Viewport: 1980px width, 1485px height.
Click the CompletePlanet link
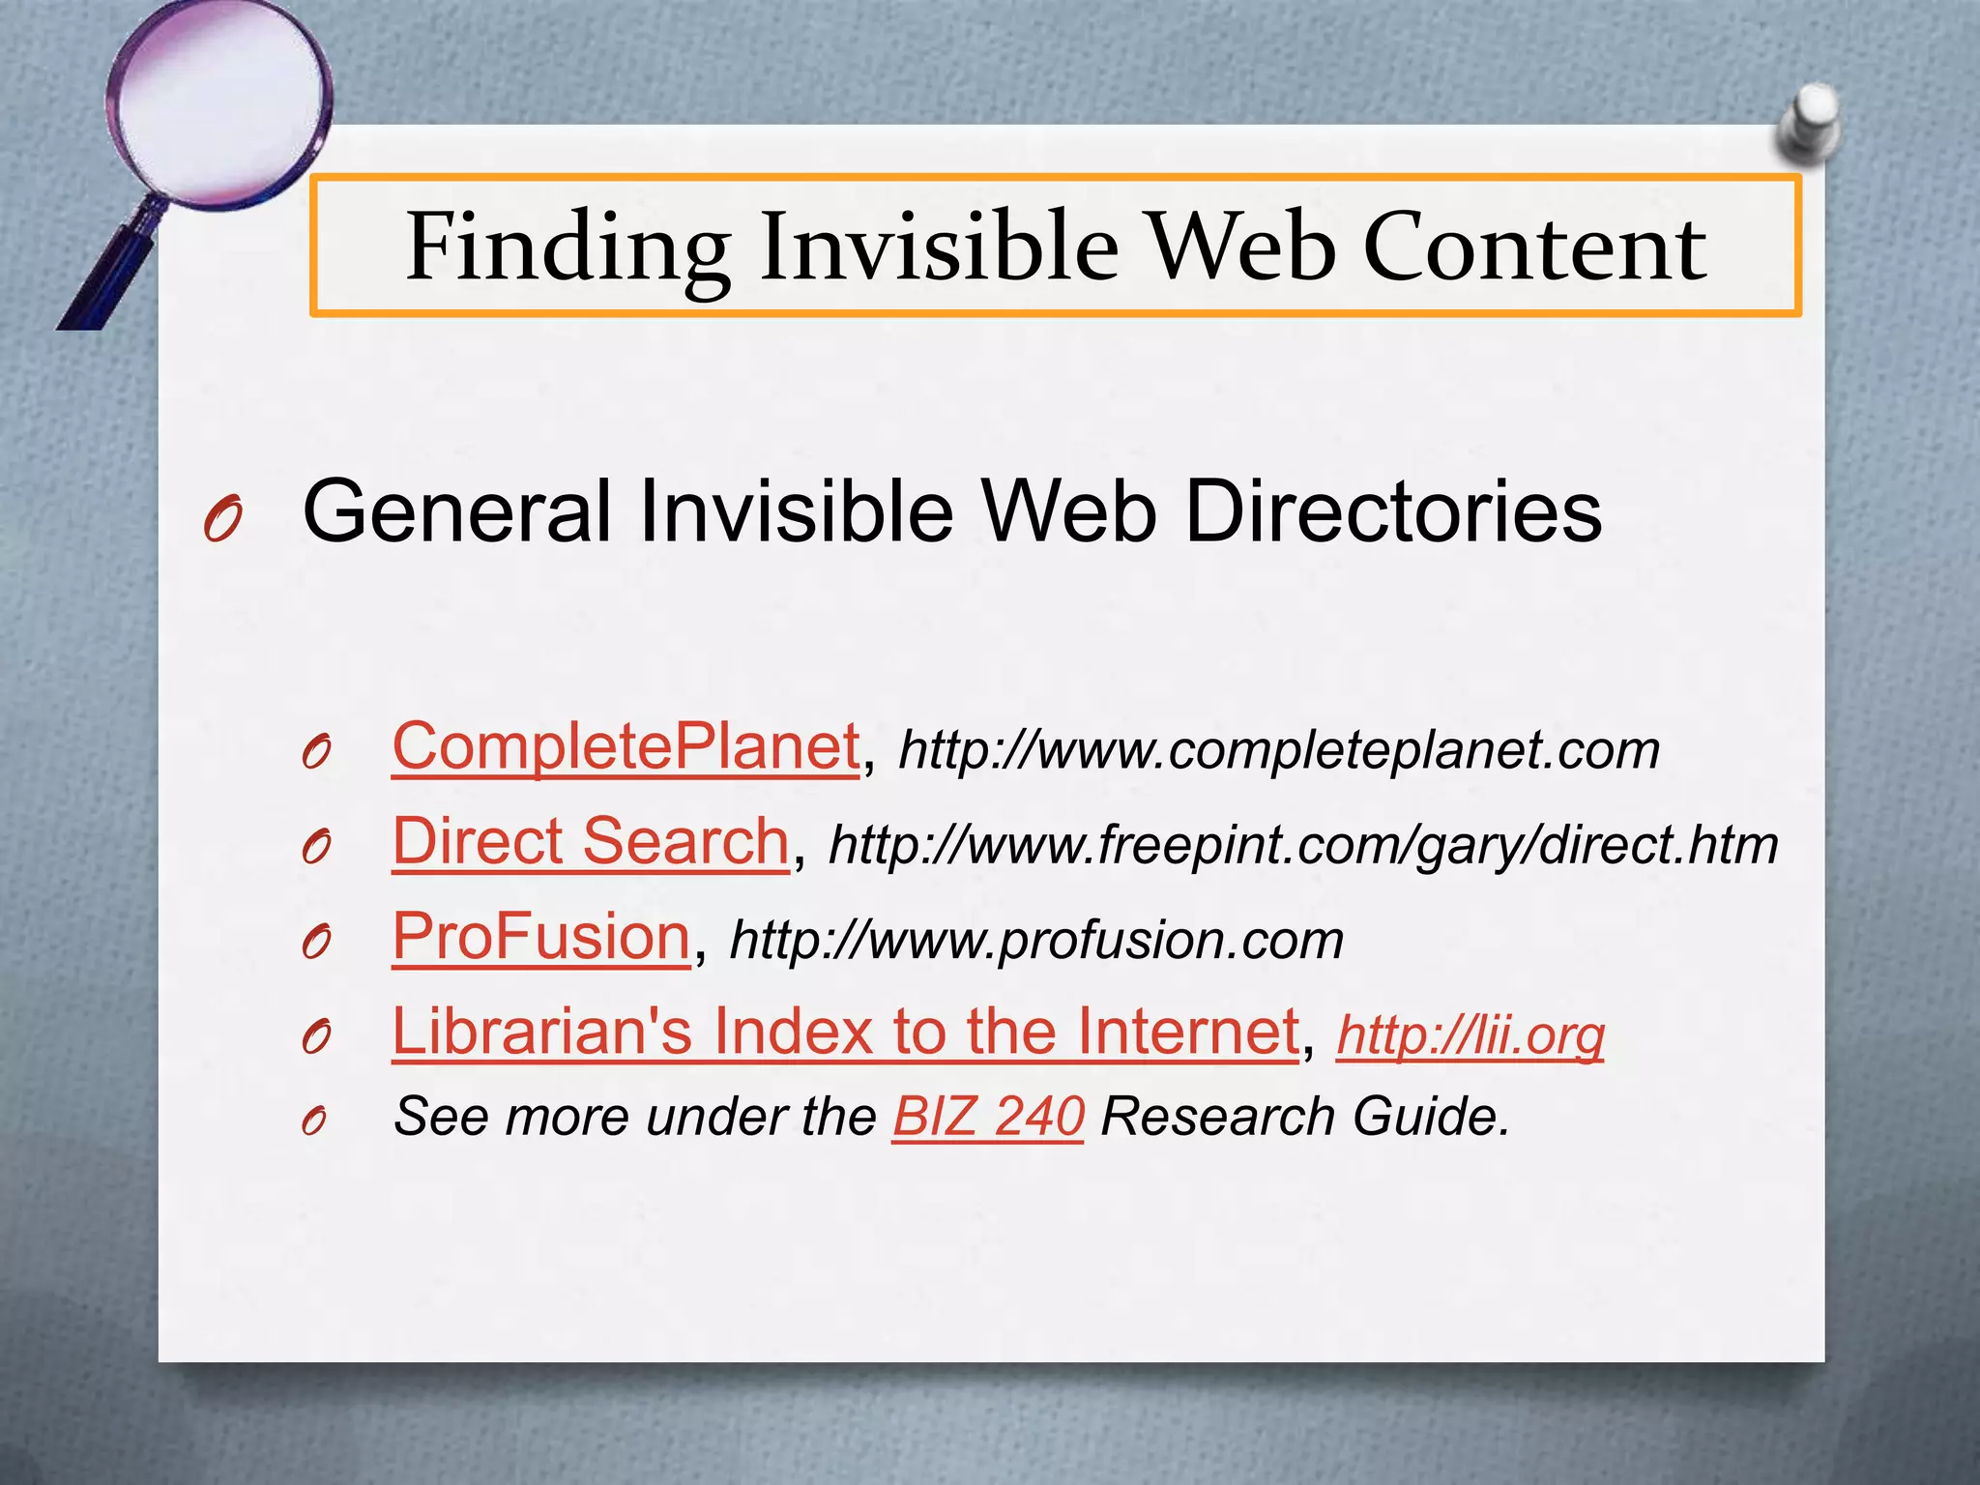(626, 747)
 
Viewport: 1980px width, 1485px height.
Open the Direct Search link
(591, 841)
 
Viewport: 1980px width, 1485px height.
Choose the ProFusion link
(541, 936)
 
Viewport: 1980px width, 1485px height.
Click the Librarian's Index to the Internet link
(846, 1031)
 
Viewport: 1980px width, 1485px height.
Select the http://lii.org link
(1470, 1034)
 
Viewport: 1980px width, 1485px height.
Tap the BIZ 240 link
(987, 1117)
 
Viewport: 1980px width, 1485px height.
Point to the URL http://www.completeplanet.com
(1279, 750)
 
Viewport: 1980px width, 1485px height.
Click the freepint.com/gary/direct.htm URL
(1303, 845)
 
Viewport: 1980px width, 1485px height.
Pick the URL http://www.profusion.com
(1036, 940)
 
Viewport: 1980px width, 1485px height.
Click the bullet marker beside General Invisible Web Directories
(221, 521)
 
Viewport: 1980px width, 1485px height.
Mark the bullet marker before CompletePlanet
(316, 753)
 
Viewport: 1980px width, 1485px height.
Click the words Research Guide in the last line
(1304, 1117)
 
